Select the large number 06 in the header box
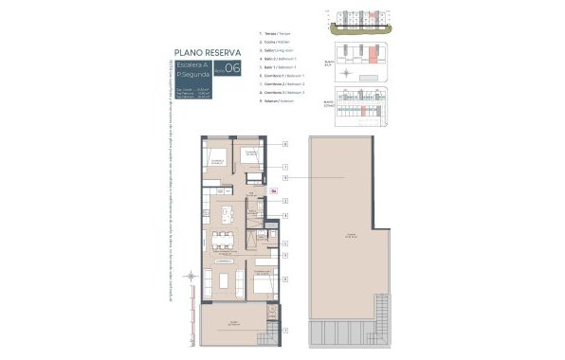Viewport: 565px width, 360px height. (232, 68)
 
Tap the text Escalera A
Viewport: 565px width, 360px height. (193, 64)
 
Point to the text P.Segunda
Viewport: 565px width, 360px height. (193, 75)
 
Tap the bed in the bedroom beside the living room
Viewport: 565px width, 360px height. (266, 281)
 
